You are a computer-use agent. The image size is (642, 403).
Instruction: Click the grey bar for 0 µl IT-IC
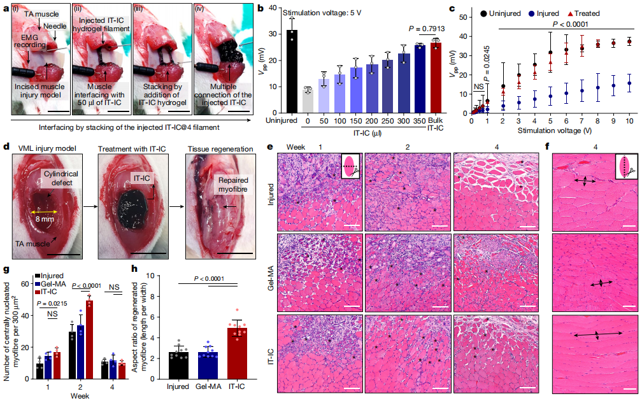(307, 101)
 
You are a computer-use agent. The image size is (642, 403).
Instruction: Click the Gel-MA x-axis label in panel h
(210, 387)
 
